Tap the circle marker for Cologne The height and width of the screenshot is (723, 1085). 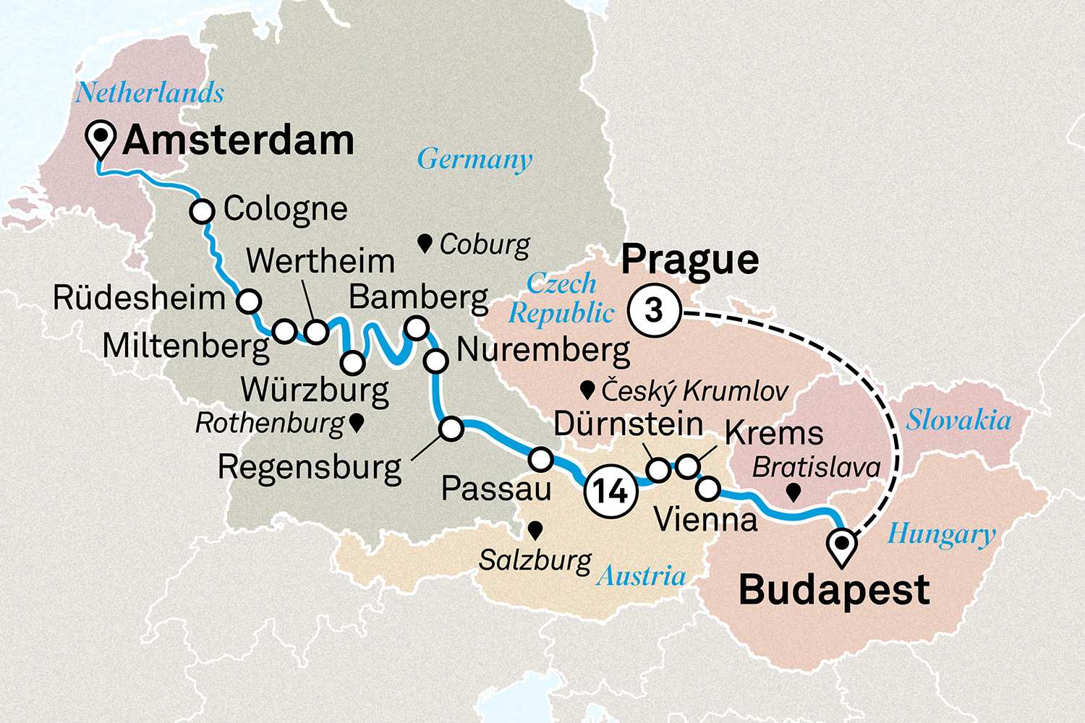[203, 212]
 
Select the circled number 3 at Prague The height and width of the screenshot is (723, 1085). [654, 311]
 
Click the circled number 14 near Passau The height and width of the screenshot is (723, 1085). [610, 492]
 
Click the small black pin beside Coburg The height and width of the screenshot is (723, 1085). [425, 243]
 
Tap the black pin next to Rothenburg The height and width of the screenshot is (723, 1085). [356, 423]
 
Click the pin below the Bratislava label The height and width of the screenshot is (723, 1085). [793, 493]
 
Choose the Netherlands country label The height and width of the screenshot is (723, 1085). [150, 93]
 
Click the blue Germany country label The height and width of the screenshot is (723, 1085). [475, 159]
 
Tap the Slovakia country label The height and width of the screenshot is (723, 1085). [958, 420]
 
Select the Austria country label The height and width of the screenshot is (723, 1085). [641, 576]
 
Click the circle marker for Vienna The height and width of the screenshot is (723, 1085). [708, 489]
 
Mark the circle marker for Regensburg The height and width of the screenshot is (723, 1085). [451, 429]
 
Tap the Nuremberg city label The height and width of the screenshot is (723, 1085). [543, 350]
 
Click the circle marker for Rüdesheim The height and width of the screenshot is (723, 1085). [249, 301]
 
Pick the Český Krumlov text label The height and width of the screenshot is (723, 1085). [694, 391]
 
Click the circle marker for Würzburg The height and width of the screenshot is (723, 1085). [352, 362]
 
